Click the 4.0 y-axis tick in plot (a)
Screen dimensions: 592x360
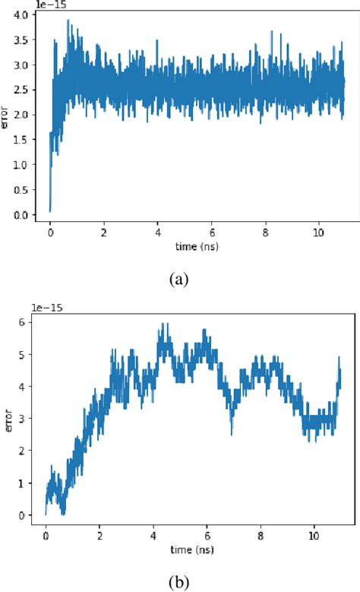21,15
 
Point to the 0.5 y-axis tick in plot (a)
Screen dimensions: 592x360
21,190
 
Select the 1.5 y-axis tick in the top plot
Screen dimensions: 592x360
21,140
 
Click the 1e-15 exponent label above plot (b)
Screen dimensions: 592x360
47,307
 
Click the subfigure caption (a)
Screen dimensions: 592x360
179,280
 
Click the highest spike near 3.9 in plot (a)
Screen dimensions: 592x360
69,21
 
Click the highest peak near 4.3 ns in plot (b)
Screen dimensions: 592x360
161,324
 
